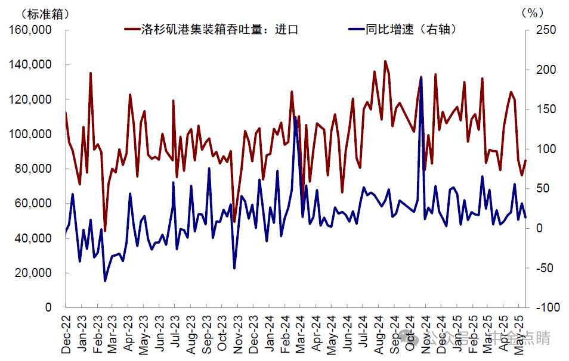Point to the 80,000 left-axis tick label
pyautogui.click(x=33, y=169)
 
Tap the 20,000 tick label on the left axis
pyautogui.click(x=33, y=273)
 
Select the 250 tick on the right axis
pyautogui.click(x=546, y=30)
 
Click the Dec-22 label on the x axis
pyautogui.click(x=66, y=335)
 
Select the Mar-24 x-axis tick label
pyautogui.click(x=300, y=335)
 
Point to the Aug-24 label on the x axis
pyautogui.click(x=378, y=335)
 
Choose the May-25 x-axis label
pyautogui.click(x=518, y=335)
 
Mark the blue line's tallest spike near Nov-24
pyautogui.click(x=421, y=77)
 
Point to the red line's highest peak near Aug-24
pyautogui.click(x=385, y=61)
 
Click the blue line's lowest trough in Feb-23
pyautogui.click(x=105, y=281)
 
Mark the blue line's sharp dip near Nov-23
pyautogui.click(x=234, y=268)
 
